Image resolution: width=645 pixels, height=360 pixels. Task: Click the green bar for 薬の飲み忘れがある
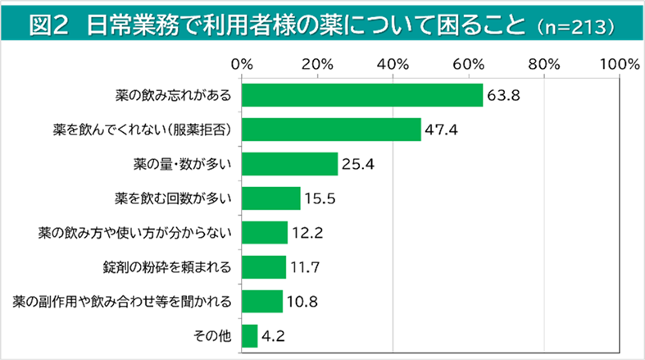(362, 95)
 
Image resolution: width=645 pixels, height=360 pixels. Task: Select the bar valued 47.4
(331, 130)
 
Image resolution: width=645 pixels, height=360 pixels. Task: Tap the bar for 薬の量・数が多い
(290, 164)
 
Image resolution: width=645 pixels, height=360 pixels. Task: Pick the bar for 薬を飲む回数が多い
(271, 198)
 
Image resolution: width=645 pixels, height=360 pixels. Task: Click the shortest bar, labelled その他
(250, 336)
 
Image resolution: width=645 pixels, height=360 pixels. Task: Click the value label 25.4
(358, 164)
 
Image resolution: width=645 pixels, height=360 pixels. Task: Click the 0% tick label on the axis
(242, 63)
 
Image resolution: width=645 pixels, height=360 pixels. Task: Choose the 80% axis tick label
(544, 63)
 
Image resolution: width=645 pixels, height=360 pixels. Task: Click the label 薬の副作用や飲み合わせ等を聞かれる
(123, 302)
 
